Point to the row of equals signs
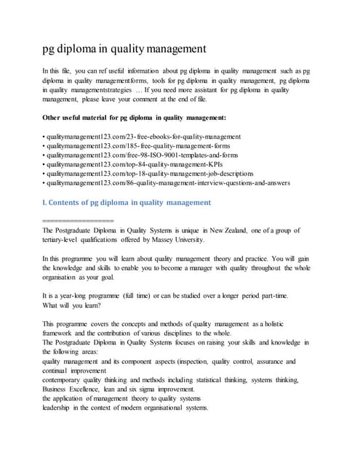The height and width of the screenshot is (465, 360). click(x=79, y=219)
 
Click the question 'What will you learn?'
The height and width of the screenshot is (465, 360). click(x=74, y=305)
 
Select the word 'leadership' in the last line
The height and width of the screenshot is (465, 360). click(x=58, y=408)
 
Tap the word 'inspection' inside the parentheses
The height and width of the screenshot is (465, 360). click(x=194, y=361)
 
